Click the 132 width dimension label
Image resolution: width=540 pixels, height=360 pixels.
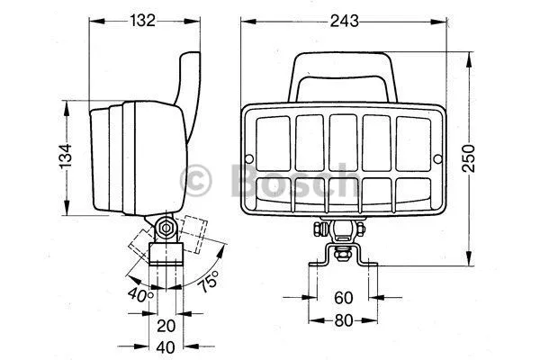[x=142, y=21]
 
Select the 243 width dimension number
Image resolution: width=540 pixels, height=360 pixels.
[x=344, y=21]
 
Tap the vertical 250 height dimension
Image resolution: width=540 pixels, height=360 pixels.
[x=468, y=158]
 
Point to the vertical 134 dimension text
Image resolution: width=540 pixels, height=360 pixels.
[x=66, y=156]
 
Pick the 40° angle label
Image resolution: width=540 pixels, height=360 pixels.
[x=140, y=295]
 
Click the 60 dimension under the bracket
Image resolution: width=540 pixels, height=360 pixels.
[x=344, y=298]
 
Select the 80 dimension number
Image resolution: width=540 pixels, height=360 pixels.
[x=344, y=320]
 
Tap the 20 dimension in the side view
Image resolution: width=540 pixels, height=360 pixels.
[x=166, y=326]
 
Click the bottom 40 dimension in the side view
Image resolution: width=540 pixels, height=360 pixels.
[x=166, y=347]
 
